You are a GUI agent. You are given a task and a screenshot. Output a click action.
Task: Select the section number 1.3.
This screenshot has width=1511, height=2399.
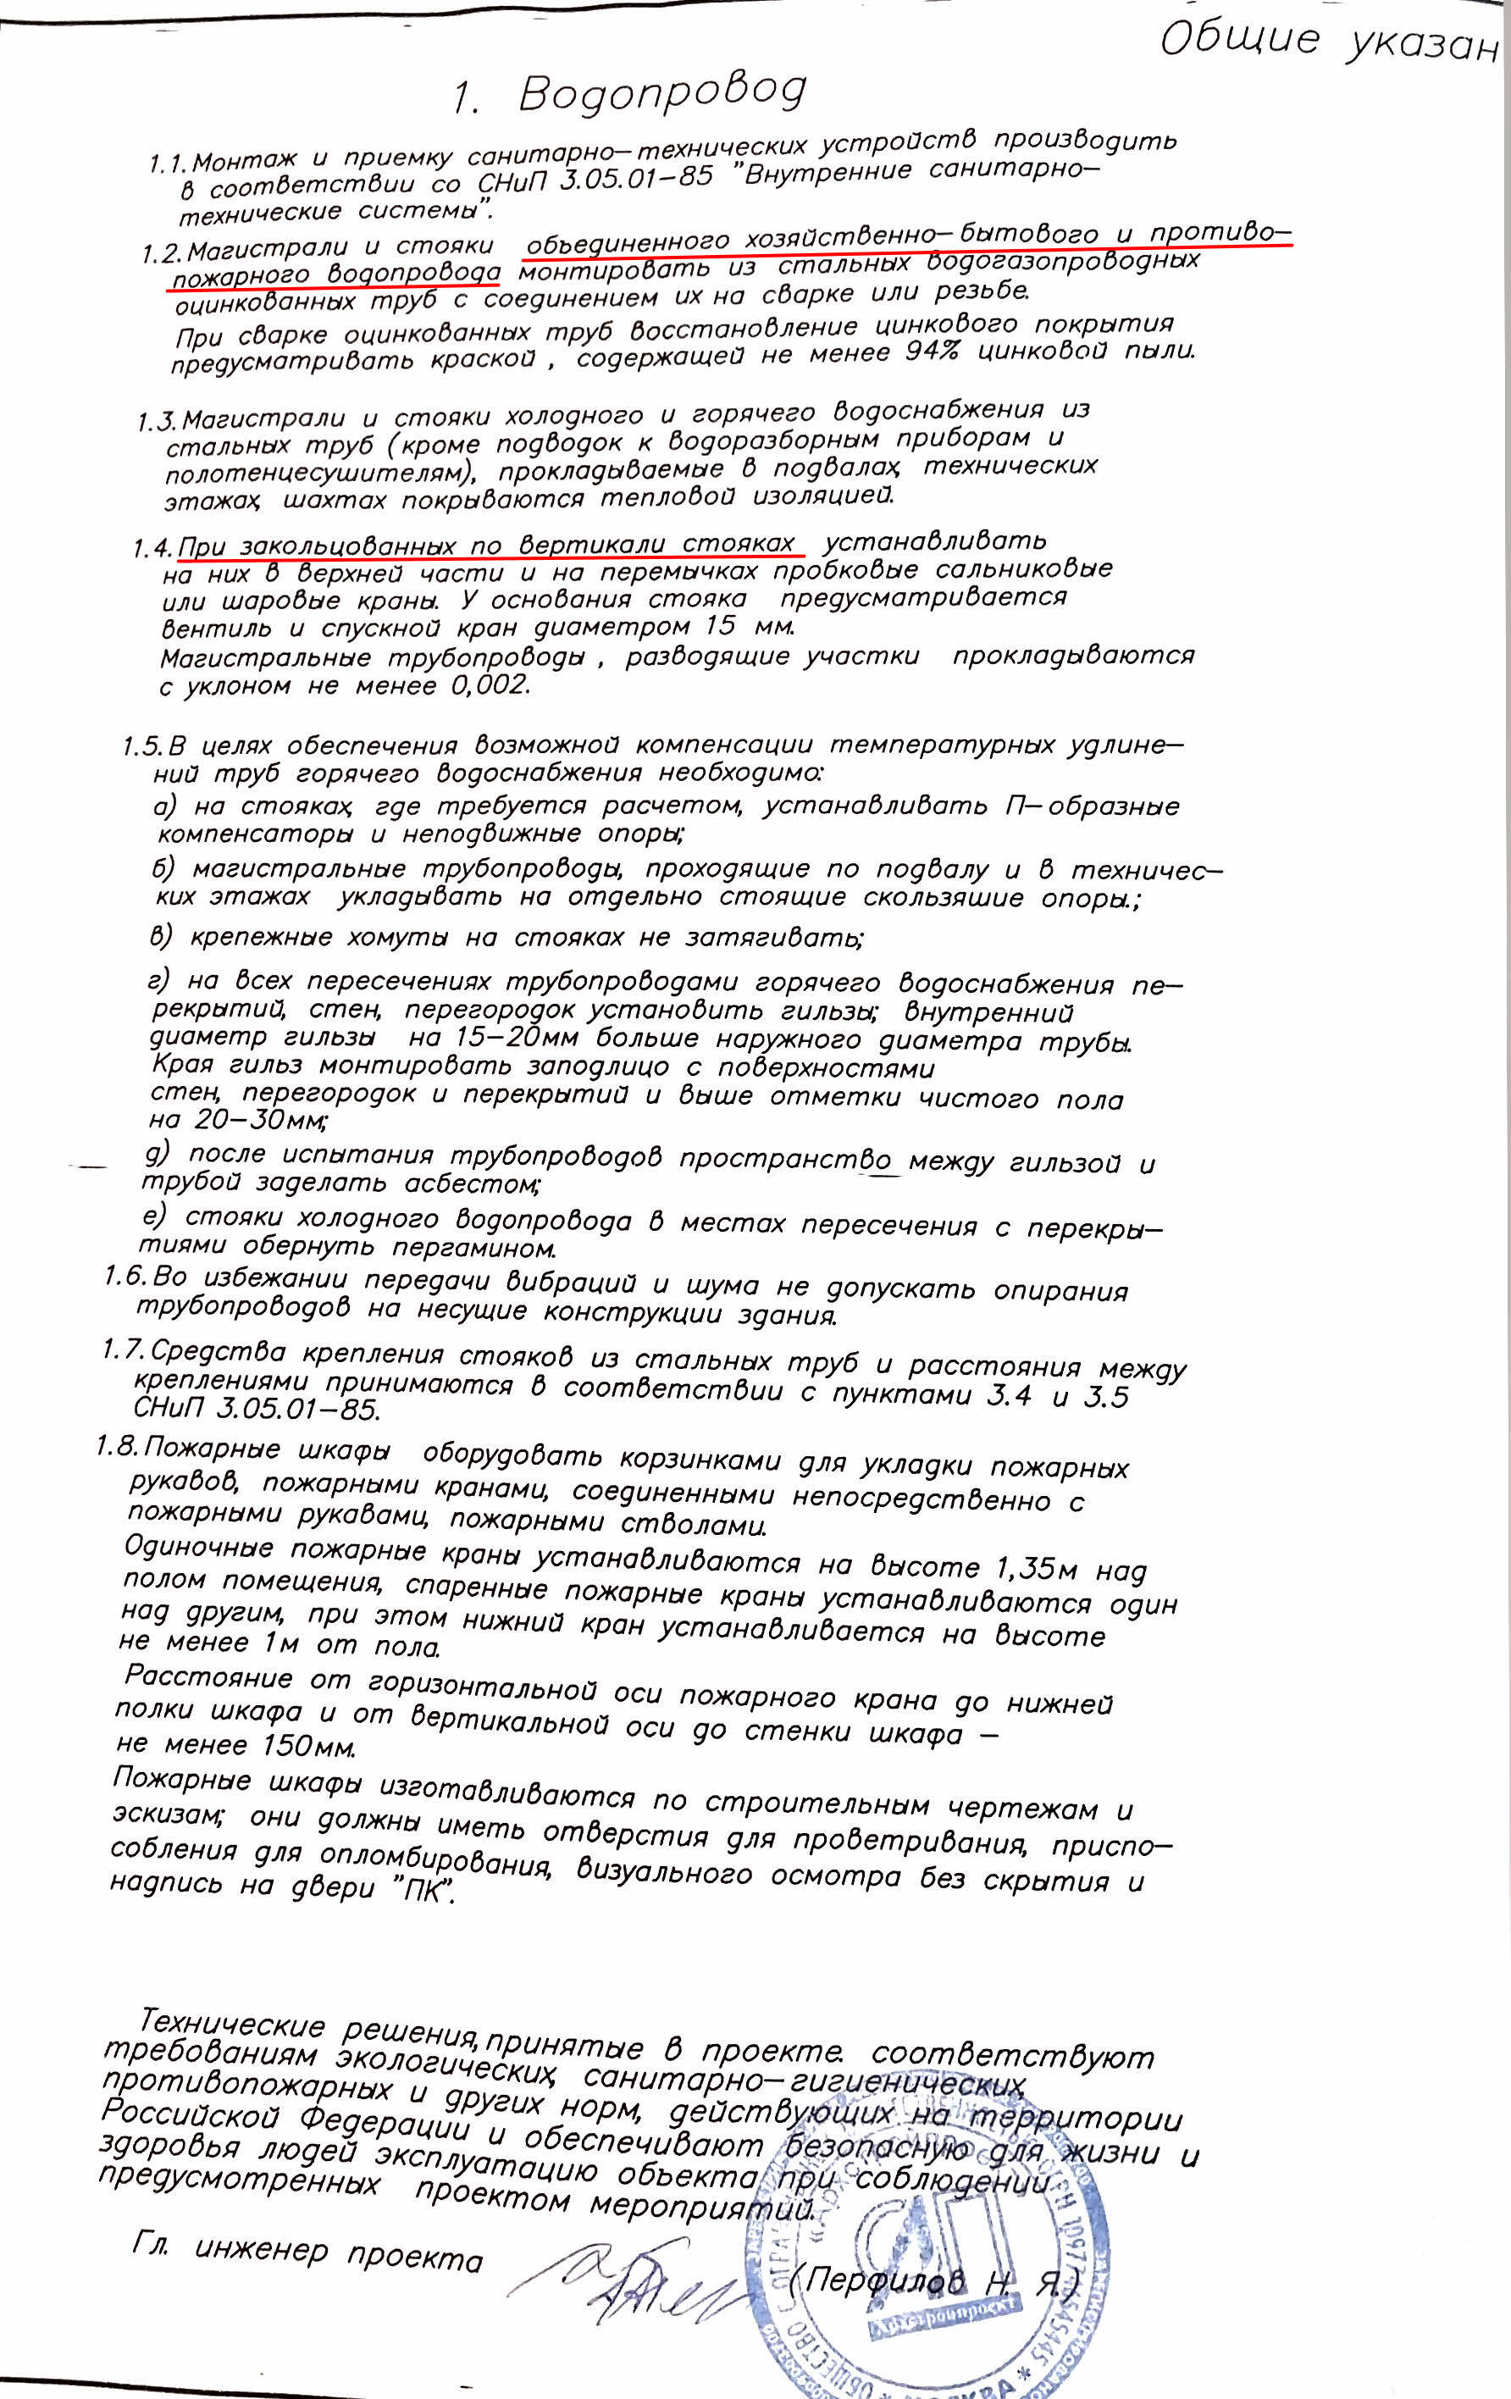click(158, 420)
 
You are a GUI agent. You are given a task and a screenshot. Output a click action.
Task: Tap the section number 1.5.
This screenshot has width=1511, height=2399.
click(142, 746)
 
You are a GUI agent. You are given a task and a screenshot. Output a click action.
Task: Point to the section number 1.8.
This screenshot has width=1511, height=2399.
click(117, 1445)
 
